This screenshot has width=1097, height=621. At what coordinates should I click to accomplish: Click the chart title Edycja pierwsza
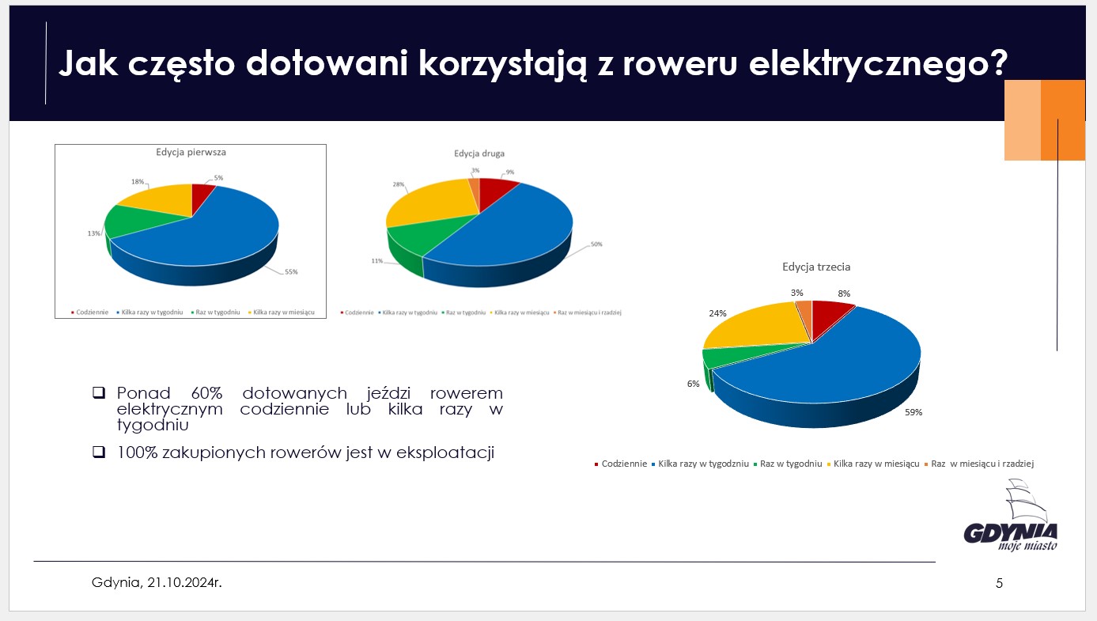click(x=191, y=151)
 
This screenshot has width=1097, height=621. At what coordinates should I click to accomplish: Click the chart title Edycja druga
click(x=479, y=153)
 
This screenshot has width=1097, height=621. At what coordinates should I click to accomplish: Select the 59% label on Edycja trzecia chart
click(x=914, y=412)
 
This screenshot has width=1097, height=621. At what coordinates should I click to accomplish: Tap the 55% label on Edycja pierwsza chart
click(x=291, y=271)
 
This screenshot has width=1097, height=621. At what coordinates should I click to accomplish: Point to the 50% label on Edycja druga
click(x=596, y=244)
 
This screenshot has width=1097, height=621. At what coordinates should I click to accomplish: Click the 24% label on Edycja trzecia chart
click(x=717, y=312)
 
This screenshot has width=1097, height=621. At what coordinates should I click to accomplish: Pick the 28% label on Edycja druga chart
click(x=398, y=184)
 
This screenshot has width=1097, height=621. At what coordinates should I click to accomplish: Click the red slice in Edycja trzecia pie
click(x=830, y=316)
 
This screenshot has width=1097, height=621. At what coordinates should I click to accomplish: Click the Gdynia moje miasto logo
click(x=1011, y=522)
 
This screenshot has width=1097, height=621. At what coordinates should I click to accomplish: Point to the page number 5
click(x=999, y=584)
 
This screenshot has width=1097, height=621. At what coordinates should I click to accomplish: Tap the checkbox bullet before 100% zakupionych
click(x=99, y=452)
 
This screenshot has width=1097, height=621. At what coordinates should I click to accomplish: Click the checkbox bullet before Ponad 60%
click(x=99, y=392)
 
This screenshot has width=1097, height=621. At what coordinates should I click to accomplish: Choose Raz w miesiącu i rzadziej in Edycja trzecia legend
click(x=982, y=464)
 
